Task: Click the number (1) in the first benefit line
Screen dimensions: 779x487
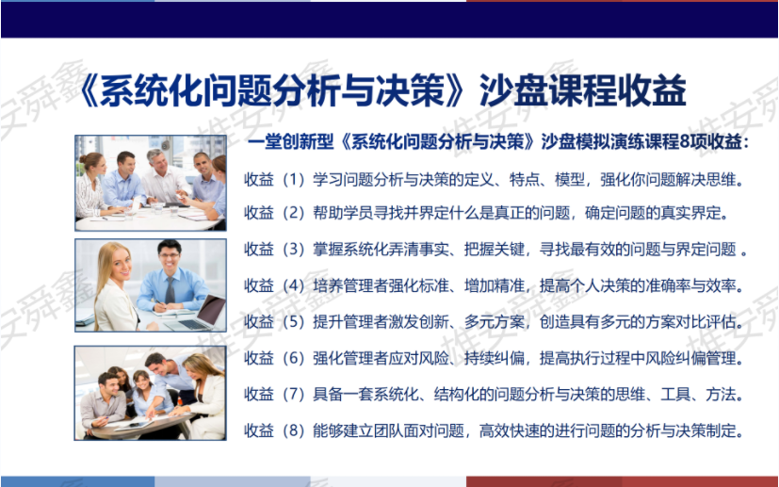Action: coord(293,179)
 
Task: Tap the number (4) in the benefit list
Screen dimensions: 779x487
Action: coord(293,285)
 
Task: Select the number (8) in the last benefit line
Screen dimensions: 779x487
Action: coord(293,430)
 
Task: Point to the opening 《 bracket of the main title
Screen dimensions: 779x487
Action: coord(89,90)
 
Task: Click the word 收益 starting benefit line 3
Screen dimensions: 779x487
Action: coord(259,249)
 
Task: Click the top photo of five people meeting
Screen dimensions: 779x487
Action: coord(151,183)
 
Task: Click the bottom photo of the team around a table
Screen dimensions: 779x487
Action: coord(151,393)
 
